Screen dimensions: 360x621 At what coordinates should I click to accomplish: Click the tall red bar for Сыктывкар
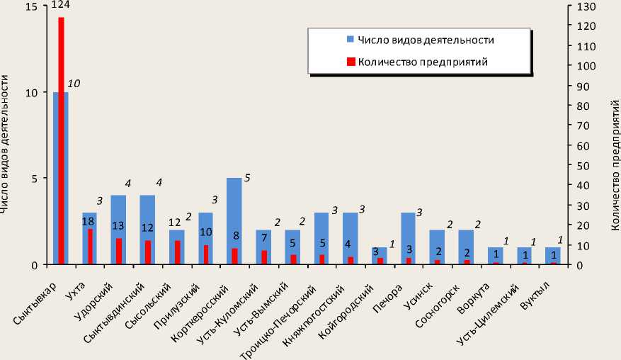click(x=61, y=142)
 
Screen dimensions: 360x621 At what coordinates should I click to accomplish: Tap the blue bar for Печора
click(x=408, y=234)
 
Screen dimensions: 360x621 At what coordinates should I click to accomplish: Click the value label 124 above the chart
click(x=60, y=7)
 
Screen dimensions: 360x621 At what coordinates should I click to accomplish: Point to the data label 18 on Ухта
click(x=89, y=222)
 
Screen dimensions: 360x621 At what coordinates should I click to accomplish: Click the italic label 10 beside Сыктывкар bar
click(x=74, y=84)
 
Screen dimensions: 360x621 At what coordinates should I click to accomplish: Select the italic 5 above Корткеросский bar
click(x=247, y=177)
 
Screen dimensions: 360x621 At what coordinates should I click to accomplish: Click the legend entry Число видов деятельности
click(x=425, y=40)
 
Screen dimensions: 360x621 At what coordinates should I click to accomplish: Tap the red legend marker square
click(x=350, y=62)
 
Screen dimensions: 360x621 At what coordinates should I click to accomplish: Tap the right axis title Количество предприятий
click(x=613, y=163)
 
